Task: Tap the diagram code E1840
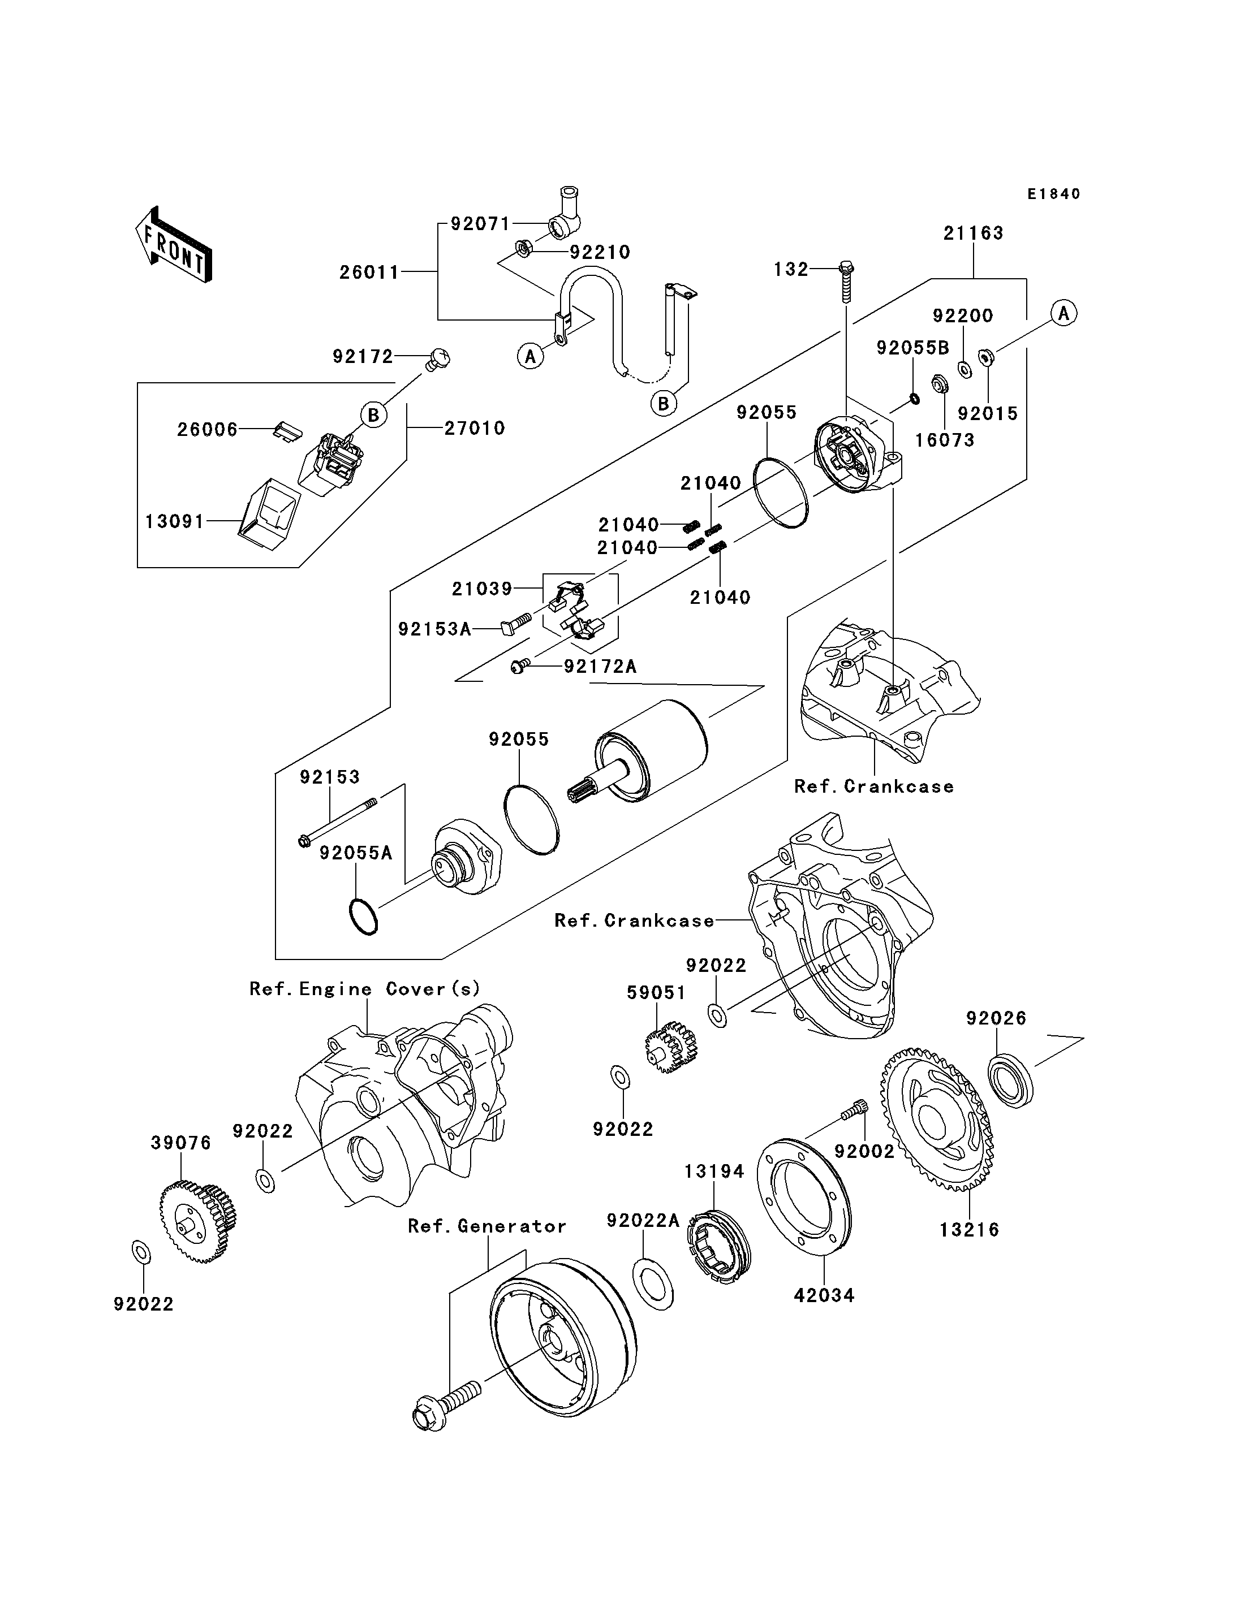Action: click(x=1053, y=194)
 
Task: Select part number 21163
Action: click(x=973, y=233)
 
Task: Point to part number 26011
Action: click(x=369, y=273)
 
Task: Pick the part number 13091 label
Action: click(x=174, y=522)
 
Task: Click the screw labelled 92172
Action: click(x=438, y=360)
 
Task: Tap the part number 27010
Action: click(x=474, y=428)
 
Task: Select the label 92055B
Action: click(x=912, y=348)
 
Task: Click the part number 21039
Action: click(x=482, y=588)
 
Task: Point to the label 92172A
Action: click(x=599, y=666)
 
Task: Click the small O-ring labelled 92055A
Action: click(x=363, y=917)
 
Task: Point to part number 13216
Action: click(x=969, y=1230)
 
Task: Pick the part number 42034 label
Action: click(x=824, y=1295)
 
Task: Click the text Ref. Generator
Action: click(x=486, y=1226)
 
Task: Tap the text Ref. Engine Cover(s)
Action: click(x=365, y=989)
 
